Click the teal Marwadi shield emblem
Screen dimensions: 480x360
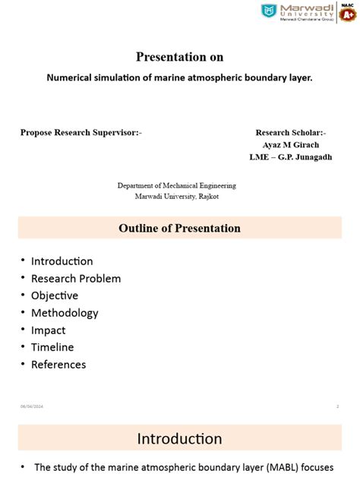(268, 11)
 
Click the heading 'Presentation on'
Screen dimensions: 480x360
(179, 57)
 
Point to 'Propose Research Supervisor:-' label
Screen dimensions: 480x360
(81, 132)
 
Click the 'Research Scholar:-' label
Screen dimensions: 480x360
(291, 132)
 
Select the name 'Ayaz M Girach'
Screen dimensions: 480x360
(291, 144)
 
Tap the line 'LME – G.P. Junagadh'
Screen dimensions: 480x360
(290, 157)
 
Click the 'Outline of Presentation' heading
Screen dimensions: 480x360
(179, 228)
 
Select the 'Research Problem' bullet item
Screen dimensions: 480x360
(76, 278)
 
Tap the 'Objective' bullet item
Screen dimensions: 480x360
(55, 295)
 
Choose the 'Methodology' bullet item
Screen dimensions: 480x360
(65, 313)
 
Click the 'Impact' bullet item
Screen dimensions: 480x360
(49, 330)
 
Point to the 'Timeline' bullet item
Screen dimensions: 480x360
(52, 347)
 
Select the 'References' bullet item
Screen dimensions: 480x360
(58, 365)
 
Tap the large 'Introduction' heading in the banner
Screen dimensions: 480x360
(179, 438)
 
